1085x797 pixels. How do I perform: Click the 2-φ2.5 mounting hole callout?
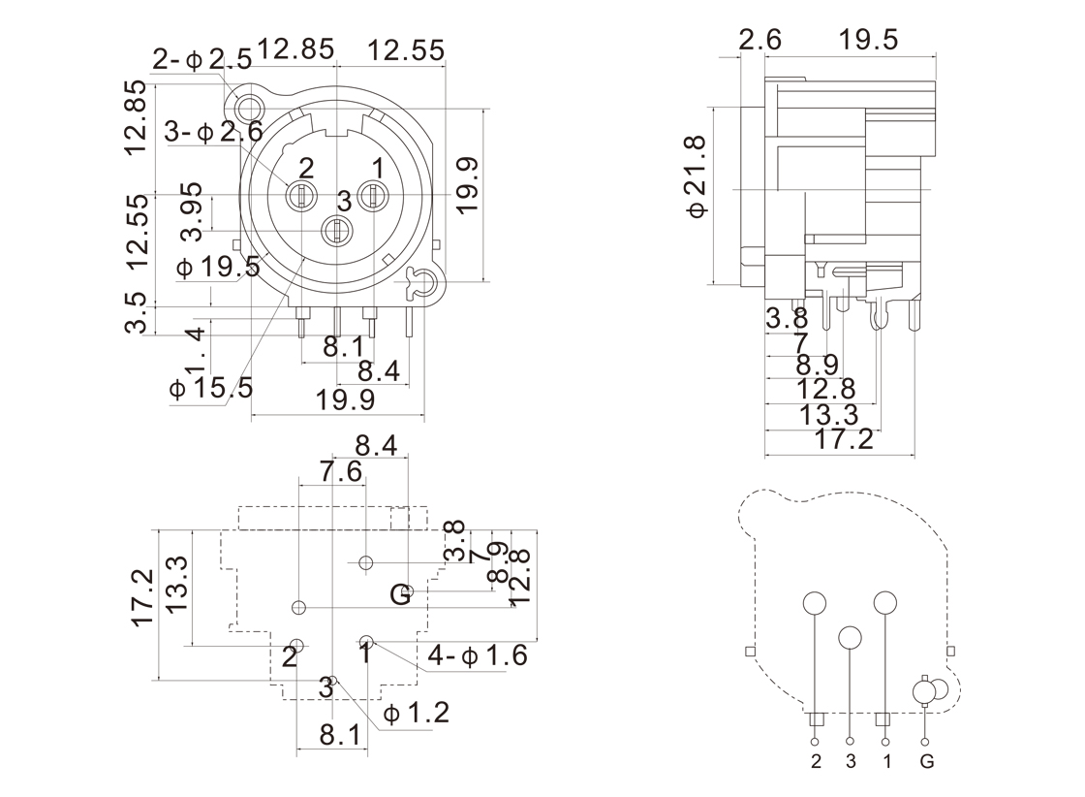pyautogui.click(x=201, y=60)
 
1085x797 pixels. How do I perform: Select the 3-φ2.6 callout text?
pyautogui.click(x=212, y=131)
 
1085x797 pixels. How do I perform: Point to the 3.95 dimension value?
pyautogui.click(x=193, y=212)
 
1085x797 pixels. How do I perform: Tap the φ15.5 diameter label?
pyautogui.click(x=210, y=389)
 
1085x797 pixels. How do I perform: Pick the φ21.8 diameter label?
pyautogui.click(x=699, y=177)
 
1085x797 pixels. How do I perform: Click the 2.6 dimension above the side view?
pyautogui.click(x=759, y=40)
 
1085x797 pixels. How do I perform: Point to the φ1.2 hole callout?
pyautogui.click(x=417, y=715)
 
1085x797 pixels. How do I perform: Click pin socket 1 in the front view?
pyautogui.click(x=373, y=197)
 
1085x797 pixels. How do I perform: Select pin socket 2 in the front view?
pyautogui.click(x=300, y=197)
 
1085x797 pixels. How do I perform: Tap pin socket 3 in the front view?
pyautogui.click(x=336, y=231)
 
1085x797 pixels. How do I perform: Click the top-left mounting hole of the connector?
pyautogui.click(x=251, y=108)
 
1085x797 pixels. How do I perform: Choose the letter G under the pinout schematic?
pyautogui.click(x=927, y=761)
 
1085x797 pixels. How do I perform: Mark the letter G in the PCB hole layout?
pyautogui.click(x=400, y=594)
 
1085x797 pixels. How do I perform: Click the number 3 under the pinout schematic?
pyautogui.click(x=851, y=761)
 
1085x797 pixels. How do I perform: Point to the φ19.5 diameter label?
pyautogui.click(x=218, y=268)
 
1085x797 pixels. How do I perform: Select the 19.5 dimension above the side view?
pyautogui.click(x=869, y=40)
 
